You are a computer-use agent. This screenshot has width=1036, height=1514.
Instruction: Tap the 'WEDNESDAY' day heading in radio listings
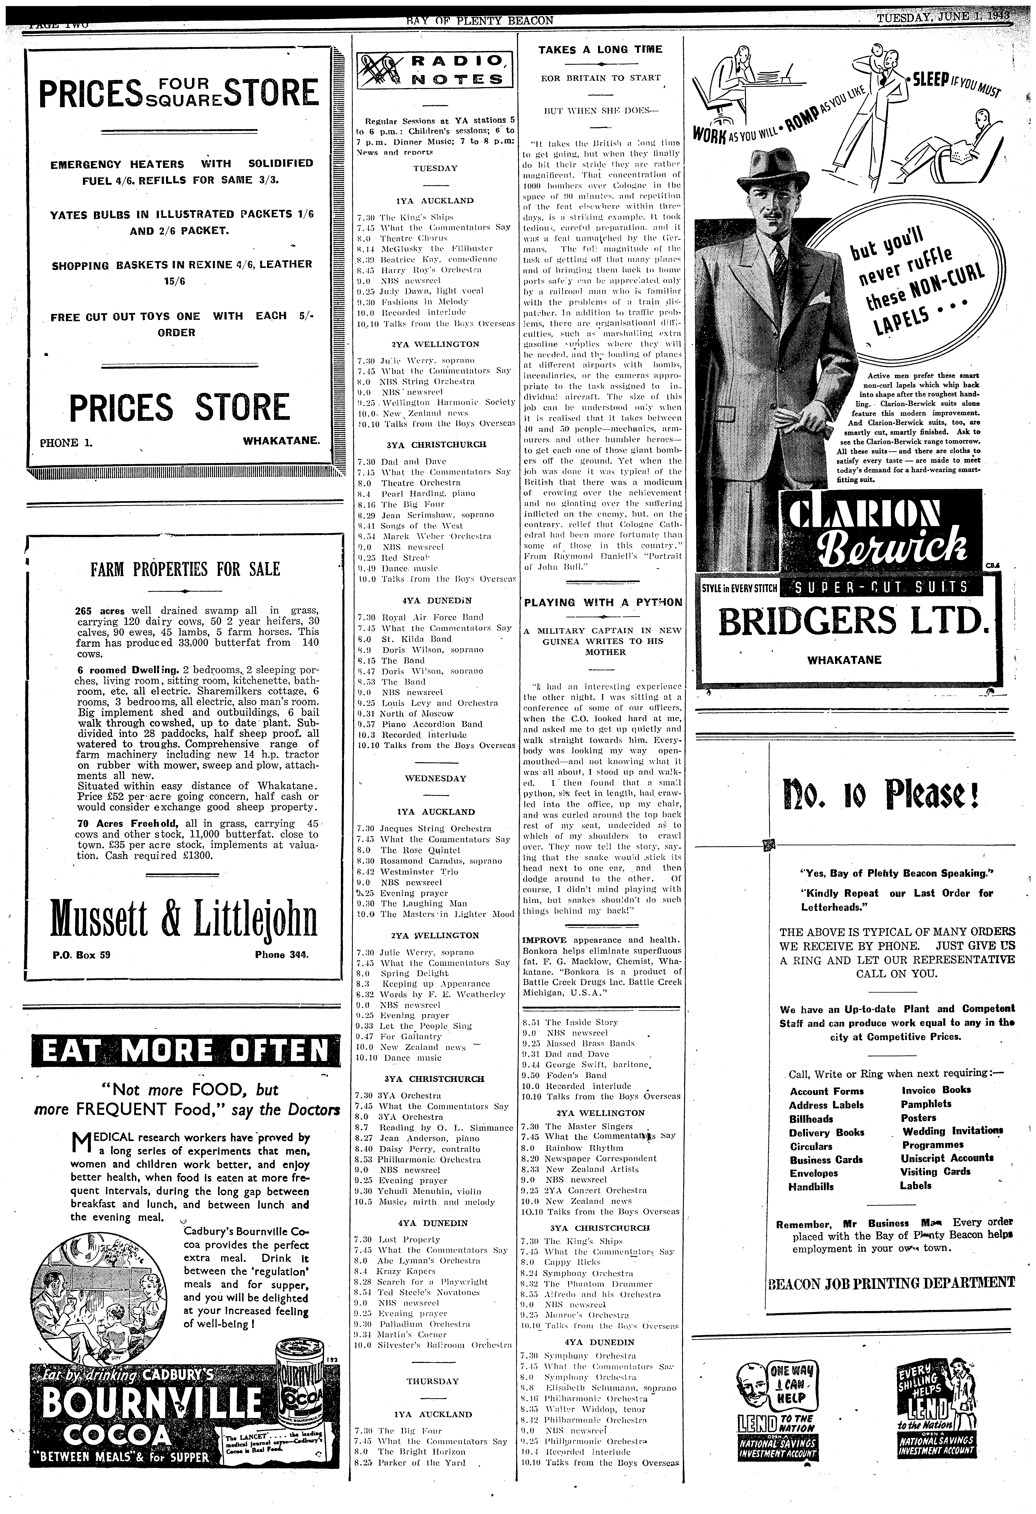pos(436,779)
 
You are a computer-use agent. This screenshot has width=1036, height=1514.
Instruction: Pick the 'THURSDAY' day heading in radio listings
pos(433,1381)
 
